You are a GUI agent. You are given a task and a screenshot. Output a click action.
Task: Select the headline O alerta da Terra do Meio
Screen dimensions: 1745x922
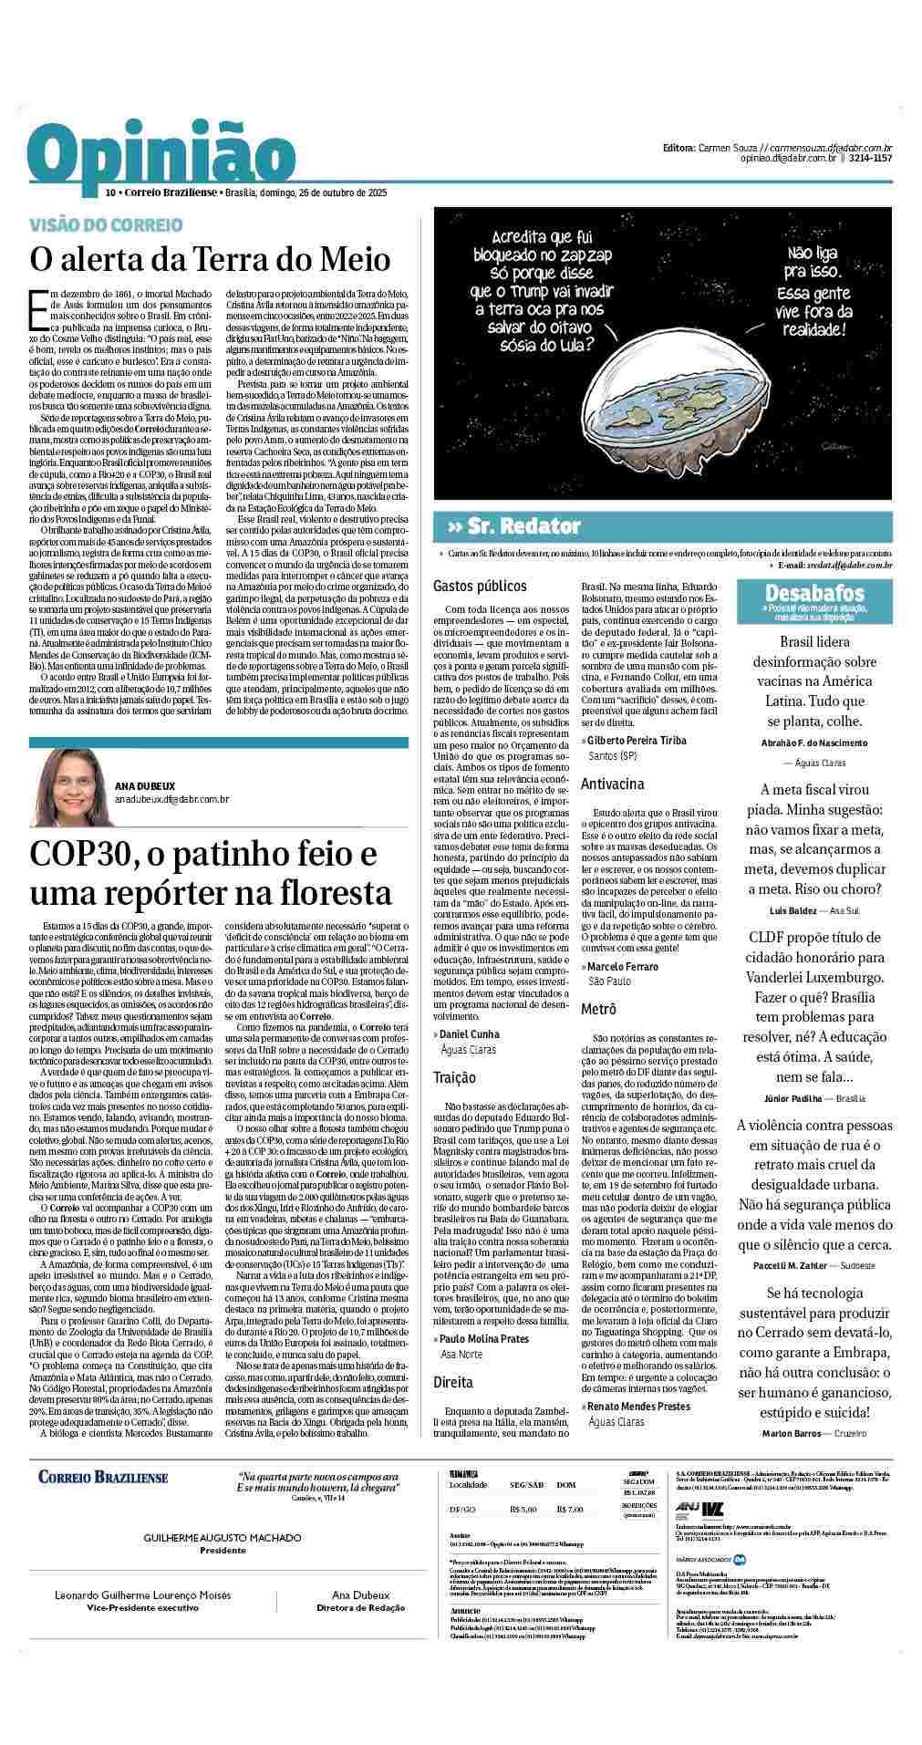pos(211,259)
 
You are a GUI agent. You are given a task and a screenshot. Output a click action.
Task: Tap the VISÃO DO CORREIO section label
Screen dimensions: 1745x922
pos(106,224)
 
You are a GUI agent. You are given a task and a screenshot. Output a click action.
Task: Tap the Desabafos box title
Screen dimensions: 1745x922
pos(814,592)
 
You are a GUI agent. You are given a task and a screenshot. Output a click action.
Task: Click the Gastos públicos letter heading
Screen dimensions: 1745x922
pos(480,586)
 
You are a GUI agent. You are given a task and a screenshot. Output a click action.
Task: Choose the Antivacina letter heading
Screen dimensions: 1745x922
pos(613,784)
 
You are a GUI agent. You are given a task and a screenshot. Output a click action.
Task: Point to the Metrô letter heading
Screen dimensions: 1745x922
pos(598,1008)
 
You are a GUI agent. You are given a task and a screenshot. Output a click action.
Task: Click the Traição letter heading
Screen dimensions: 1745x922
pos(454,1077)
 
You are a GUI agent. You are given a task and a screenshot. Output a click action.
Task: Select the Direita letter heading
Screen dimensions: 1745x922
pos(453,1381)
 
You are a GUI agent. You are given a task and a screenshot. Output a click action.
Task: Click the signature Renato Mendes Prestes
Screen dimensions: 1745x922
pos(638,1406)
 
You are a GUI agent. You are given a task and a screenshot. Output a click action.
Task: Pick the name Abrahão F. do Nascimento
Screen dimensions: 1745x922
pos(813,743)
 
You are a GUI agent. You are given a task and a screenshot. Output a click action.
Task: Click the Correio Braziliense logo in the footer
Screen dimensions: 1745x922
pos(103,1477)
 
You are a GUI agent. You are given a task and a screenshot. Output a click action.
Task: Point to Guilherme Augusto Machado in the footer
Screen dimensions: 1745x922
pos(223,1538)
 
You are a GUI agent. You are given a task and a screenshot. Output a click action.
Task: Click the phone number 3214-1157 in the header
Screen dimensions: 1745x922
pos(870,158)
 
